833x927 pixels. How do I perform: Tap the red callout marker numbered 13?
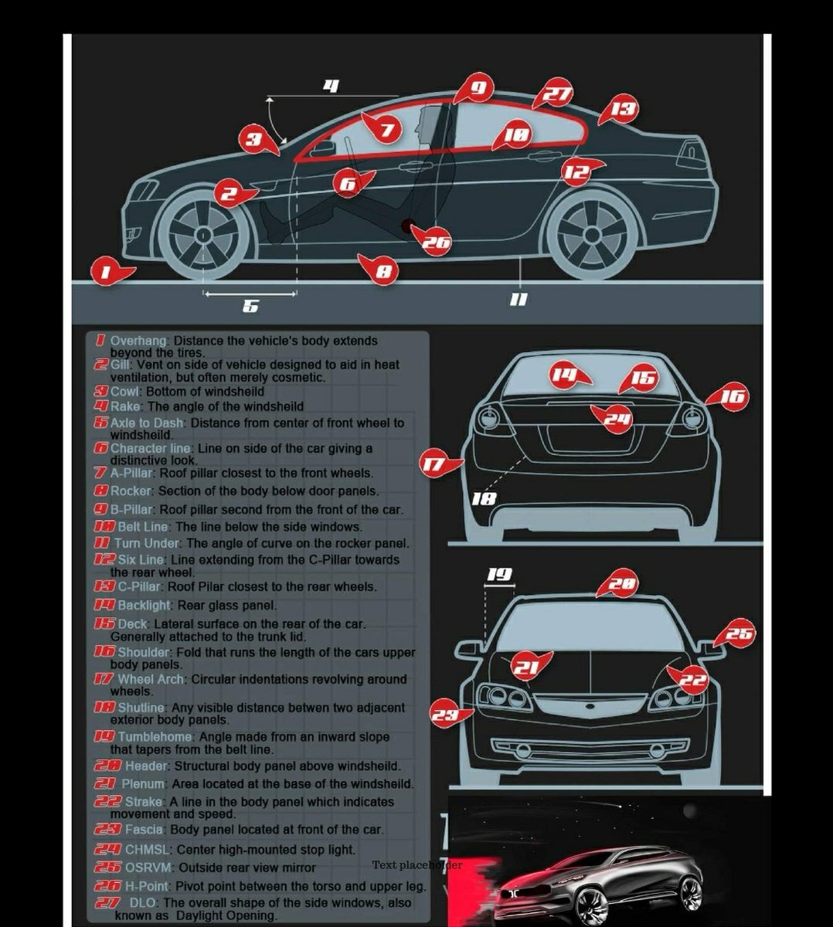623,109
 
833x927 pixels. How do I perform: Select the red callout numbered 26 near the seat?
435,243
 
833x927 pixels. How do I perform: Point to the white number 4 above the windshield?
331,86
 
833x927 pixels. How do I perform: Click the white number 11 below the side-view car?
518,299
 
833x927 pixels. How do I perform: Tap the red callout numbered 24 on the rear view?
617,419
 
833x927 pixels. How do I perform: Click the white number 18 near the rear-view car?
484,498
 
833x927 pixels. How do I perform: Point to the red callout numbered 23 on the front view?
444,715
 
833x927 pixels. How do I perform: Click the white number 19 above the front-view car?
499,574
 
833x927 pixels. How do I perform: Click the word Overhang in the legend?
138,341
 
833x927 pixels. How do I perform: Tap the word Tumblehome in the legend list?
155,737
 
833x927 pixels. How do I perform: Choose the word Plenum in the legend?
143,784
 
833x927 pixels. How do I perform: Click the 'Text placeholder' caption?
417,865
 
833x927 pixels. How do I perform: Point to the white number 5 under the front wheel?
250,307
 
